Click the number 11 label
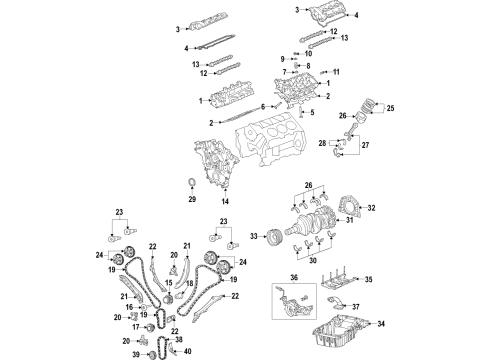337,72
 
